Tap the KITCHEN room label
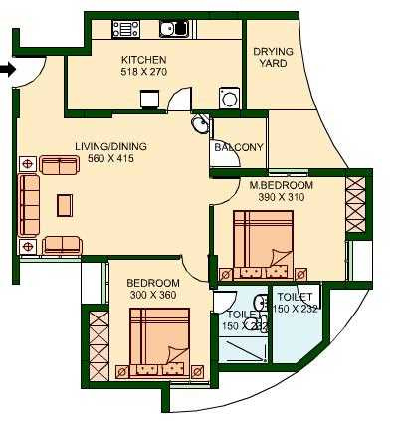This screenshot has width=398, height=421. (136, 60)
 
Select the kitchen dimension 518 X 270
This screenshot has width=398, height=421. (136, 72)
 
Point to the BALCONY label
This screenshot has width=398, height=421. (239, 148)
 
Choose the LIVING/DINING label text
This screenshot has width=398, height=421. (110, 147)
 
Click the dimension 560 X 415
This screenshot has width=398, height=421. (110, 159)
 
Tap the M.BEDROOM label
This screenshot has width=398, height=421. (282, 185)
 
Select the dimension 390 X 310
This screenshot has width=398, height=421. (282, 197)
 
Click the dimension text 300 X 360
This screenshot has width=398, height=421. (152, 295)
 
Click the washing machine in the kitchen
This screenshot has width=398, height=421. (229, 98)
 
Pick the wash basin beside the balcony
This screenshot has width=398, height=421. (201, 125)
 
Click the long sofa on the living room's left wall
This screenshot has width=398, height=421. (28, 205)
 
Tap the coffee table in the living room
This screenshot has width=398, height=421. (65, 204)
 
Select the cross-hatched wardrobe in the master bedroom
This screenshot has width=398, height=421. (355, 203)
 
